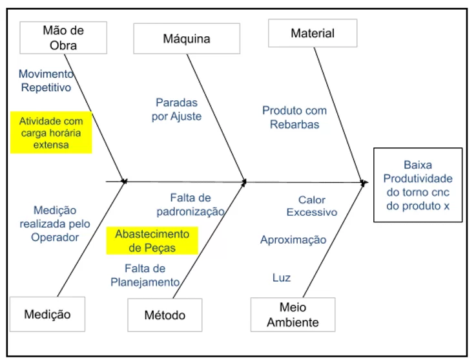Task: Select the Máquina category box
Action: [186, 39]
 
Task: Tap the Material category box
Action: [312, 33]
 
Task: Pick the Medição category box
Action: [47, 315]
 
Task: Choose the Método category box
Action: [165, 315]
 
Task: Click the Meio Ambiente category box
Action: [293, 314]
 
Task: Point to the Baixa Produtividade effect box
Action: [418, 185]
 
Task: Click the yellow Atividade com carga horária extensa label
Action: [51, 132]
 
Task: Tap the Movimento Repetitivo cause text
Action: [46, 80]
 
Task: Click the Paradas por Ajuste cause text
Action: [176, 109]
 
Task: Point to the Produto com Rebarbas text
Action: [294, 117]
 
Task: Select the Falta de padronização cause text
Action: [191, 204]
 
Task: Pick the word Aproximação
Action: [293, 240]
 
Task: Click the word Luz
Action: [281, 278]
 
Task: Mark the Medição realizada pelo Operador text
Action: [54, 224]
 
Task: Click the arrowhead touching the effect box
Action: [365, 183]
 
